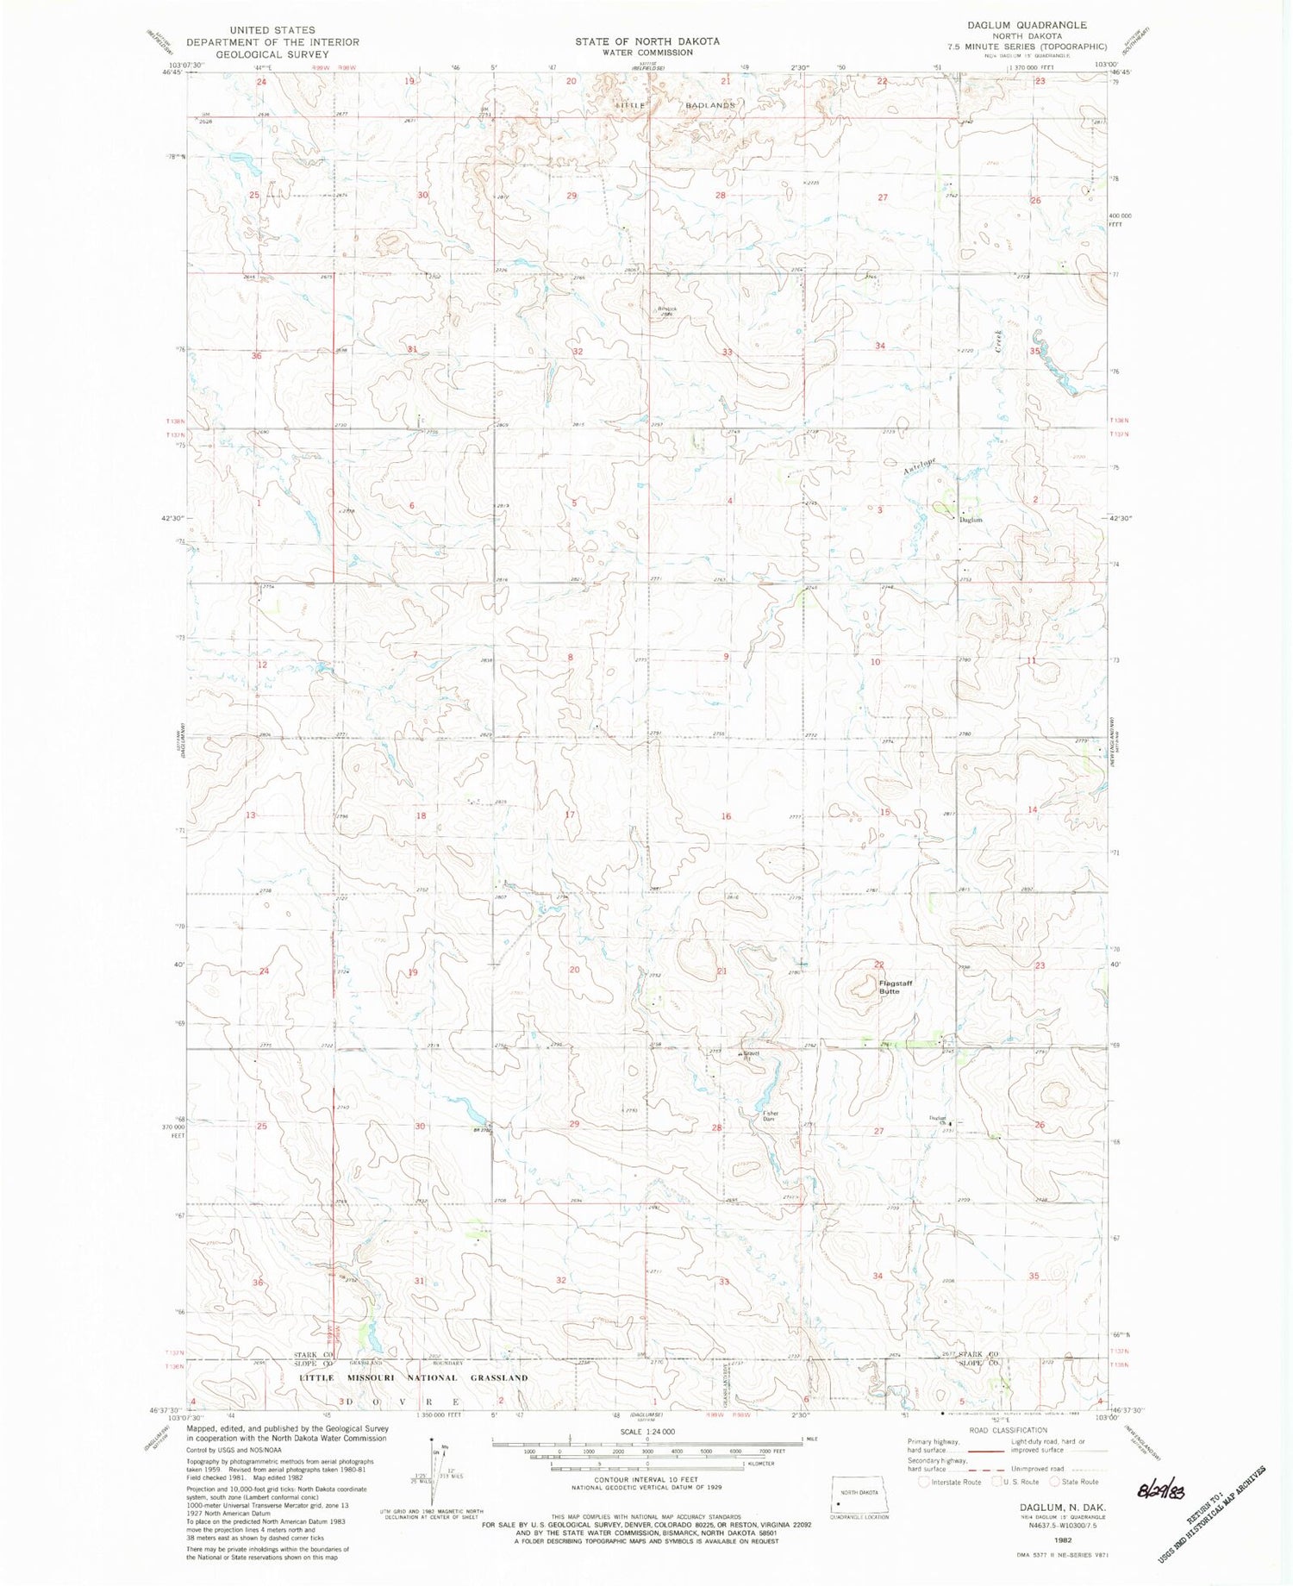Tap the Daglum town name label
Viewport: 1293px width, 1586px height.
tap(971, 520)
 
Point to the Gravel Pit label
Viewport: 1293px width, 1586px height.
tap(750, 1057)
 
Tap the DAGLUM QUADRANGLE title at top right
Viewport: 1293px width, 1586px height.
tap(1039, 26)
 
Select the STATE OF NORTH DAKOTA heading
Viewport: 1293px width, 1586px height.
tap(647, 41)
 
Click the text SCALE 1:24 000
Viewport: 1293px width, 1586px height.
tap(646, 1431)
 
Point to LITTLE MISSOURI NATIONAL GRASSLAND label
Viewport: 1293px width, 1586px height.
tap(414, 1377)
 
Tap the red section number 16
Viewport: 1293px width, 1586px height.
tap(727, 816)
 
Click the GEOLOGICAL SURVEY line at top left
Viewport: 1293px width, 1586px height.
tap(272, 53)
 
